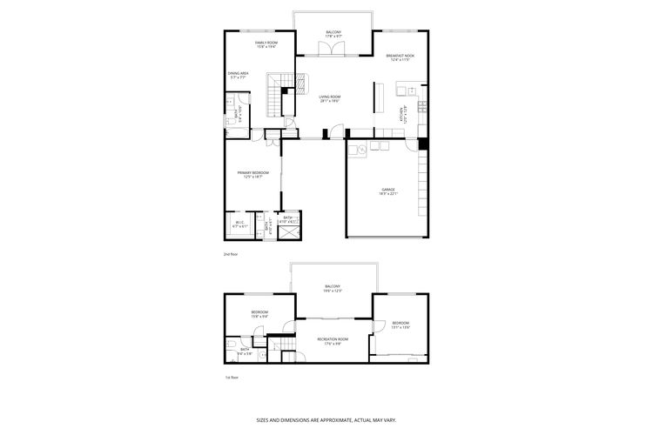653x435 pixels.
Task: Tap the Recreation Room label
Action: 333,340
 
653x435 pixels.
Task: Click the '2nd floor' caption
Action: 231,254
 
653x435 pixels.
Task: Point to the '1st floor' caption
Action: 231,378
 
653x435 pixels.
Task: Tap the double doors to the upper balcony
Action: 328,52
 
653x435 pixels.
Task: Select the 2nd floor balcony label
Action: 333,34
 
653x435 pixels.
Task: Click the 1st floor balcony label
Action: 333,288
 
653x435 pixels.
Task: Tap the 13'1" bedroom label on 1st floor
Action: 400,325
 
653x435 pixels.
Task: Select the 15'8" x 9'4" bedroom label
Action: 259,314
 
